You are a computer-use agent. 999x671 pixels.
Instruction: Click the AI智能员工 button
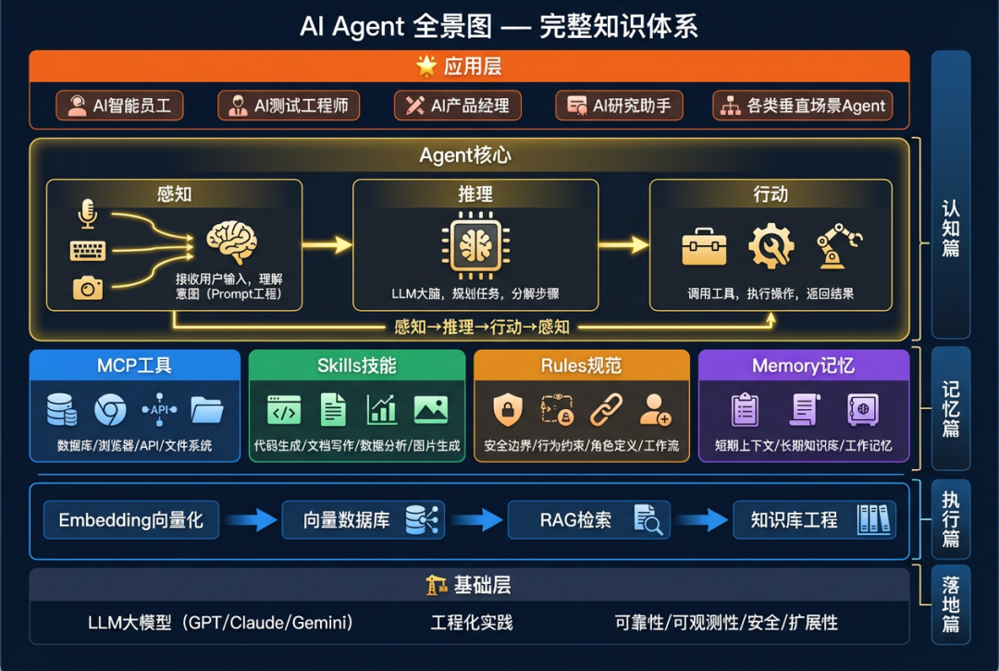tap(119, 106)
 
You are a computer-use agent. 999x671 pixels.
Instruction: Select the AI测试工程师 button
tap(289, 106)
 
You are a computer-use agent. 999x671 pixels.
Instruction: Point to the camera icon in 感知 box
tap(88, 289)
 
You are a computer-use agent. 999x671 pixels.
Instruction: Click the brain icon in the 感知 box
tap(231, 242)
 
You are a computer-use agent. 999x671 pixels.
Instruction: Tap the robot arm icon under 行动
tap(838, 245)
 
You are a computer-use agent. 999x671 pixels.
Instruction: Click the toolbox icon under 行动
tap(704, 247)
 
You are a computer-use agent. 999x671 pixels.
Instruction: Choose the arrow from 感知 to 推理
tap(327, 244)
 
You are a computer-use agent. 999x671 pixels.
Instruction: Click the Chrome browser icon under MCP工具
tap(111, 409)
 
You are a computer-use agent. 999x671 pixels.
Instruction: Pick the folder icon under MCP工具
tap(207, 409)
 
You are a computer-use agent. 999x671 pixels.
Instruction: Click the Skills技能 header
tap(356, 366)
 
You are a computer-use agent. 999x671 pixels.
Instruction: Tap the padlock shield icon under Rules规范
tap(507, 409)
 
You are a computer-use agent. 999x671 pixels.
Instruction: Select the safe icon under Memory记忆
tap(862, 409)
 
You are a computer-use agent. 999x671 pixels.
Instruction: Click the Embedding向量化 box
tap(130, 520)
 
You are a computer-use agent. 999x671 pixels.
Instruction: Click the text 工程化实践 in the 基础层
tap(472, 622)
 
